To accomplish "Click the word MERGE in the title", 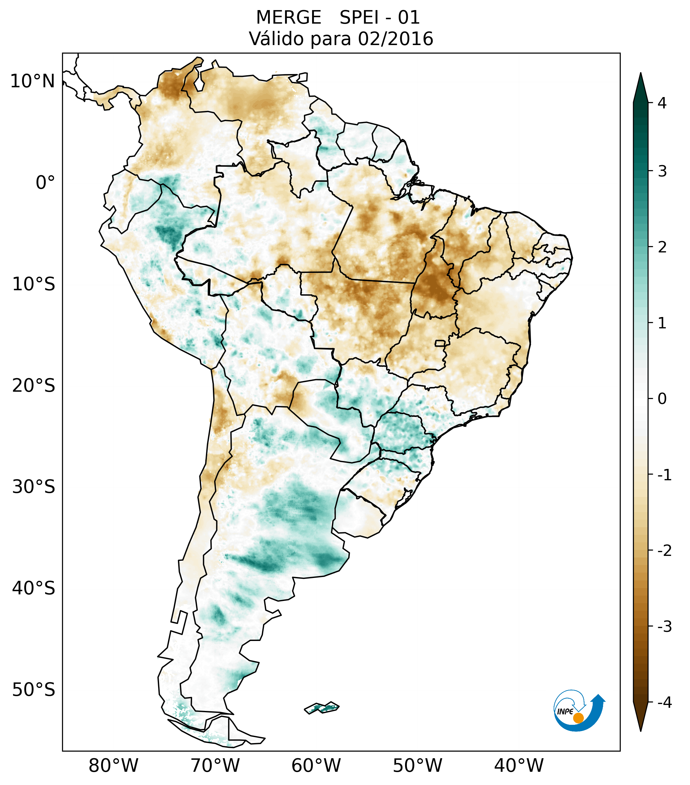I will click(x=288, y=18).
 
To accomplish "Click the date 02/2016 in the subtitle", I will click(x=395, y=39).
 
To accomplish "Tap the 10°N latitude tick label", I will click(x=33, y=81).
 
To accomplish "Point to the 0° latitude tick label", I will click(x=45, y=183).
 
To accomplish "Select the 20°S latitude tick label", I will click(x=34, y=386).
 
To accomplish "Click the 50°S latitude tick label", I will click(x=34, y=690).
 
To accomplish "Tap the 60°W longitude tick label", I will click(x=316, y=765).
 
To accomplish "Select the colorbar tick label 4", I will click(x=662, y=103).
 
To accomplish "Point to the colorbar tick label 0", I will click(x=662, y=399).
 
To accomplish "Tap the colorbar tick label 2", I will click(x=662, y=247).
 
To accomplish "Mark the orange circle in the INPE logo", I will click(x=578, y=718).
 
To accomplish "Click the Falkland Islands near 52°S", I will click(x=322, y=707).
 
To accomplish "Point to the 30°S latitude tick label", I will click(x=34, y=487).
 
